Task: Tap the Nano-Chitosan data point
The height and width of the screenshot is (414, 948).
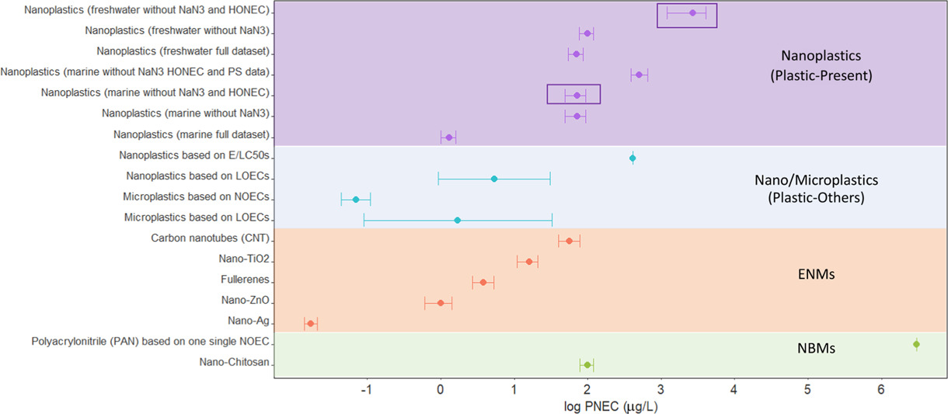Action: click(587, 365)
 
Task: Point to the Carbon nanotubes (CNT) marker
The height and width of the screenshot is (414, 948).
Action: click(570, 241)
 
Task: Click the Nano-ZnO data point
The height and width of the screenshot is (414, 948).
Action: click(441, 303)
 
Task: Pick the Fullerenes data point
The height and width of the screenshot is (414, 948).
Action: click(483, 282)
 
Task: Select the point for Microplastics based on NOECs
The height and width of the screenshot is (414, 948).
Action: click(356, 200)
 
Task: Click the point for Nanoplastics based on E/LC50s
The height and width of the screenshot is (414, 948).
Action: click(633, 158)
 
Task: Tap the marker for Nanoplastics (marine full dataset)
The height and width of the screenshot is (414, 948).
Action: click(449, 137)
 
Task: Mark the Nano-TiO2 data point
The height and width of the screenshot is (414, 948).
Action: click(529, 262)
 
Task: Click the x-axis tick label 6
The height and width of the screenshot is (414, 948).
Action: click(881, 389)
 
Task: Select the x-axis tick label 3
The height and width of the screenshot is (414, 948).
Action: click(660, 389)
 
